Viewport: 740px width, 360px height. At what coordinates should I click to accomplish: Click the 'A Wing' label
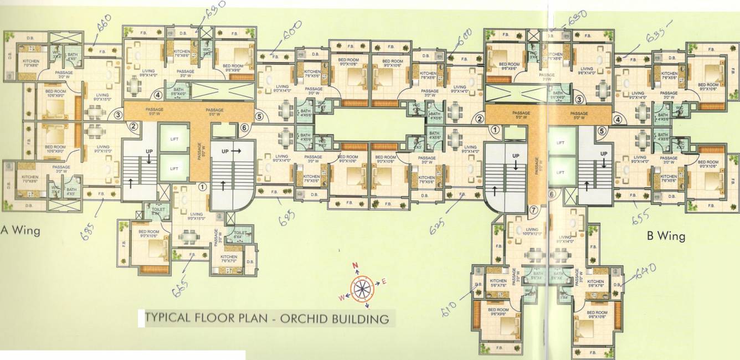coord(20,230)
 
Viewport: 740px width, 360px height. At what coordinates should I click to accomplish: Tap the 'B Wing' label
coord(666,236)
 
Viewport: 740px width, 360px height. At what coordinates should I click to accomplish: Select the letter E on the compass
coord(383,282)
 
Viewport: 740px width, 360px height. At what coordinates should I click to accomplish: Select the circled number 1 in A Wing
coord(203,187)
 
